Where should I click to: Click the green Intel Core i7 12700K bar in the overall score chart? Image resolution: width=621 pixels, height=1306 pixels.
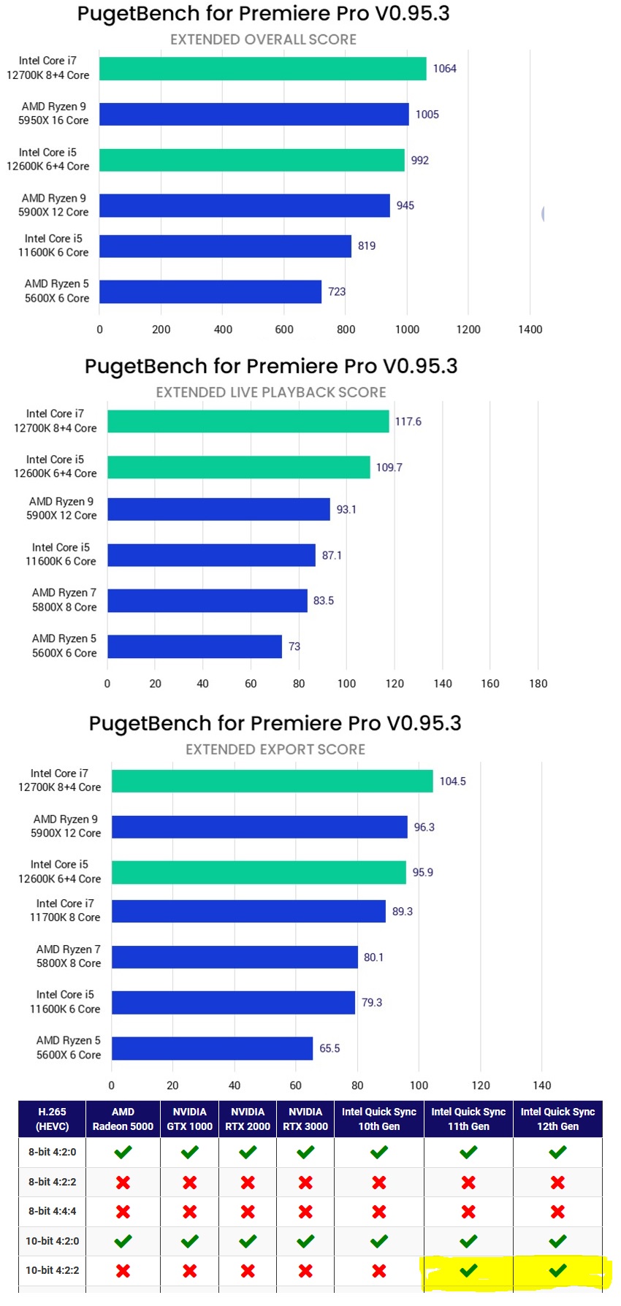tap(263, 69)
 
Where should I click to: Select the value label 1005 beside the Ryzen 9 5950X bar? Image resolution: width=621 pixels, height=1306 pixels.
tap(427, 115)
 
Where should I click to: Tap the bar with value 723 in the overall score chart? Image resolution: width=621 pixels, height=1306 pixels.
tap(210, 291)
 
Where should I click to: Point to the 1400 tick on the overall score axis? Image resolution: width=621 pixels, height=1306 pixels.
tap(530, 329)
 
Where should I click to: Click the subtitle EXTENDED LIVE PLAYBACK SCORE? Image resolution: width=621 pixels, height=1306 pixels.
tap(271, 392)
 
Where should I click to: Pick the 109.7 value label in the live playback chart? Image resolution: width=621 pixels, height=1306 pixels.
tap(389, 467)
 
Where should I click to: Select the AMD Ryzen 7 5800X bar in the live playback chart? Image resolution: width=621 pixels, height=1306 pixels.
tap(207, 600)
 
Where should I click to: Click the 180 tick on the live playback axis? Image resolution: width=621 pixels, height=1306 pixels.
tap(538, 684)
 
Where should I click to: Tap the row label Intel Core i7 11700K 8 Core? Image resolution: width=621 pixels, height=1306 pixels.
tap(65, 910)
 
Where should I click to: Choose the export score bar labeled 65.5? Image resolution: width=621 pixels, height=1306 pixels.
tap(212, 1048)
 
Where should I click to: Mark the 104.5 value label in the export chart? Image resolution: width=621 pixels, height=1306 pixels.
tap(453, 782)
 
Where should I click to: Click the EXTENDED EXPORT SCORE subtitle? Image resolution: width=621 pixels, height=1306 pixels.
tap(275, 749)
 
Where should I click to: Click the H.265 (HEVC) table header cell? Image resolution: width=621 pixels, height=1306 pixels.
tap(52, 1119)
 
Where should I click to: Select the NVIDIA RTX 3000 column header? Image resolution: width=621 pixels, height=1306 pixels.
tap(305, 1119)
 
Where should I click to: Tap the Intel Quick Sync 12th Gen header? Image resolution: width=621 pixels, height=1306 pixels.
tap(557, 1119)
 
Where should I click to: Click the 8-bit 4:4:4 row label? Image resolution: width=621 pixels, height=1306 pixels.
tap(52, 1211)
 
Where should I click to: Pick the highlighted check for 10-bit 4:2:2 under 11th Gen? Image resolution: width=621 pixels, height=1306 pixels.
tap(468, 1270)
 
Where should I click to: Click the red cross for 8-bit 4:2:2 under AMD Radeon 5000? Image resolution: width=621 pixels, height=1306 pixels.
tap(123, 1182)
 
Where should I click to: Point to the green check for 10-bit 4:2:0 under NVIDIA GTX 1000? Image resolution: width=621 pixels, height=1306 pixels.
tap(189, 1240)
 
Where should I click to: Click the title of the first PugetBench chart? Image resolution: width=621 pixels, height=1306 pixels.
tap(264, 13)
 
